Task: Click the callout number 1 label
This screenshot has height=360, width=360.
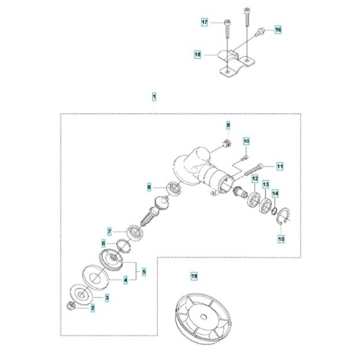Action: click(154, 96)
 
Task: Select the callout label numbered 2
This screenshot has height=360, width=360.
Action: click(93, 308)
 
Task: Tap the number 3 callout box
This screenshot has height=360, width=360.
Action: click(107, 297)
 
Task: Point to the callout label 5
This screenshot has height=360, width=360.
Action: click(144, 272)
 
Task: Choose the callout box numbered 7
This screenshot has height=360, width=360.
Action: click(110, 231)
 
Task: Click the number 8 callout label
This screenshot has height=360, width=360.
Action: click(149, 187)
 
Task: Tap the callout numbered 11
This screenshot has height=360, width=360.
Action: click(280, 165)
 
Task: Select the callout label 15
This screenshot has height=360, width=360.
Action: click(280, 239)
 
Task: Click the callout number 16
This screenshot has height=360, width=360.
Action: click(278, 30)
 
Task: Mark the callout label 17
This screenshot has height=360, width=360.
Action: click(204, 22)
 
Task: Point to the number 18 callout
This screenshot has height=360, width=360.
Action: click(198, 55)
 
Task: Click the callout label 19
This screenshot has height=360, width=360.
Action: click(194, 276)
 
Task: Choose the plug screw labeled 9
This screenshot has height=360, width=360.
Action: click(225, 143)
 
